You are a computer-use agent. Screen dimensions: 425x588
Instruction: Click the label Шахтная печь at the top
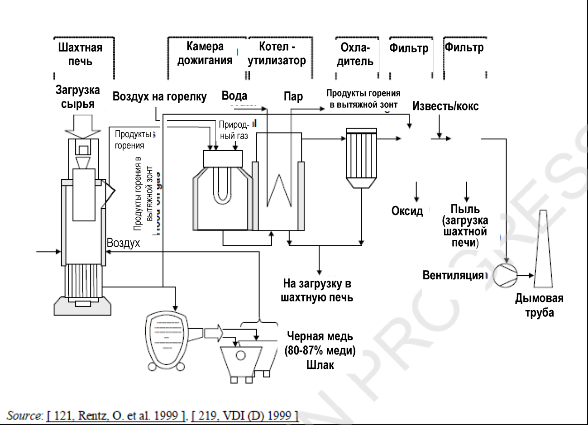click(80, 54)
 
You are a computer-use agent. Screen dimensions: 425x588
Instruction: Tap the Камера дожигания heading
click(205, 53)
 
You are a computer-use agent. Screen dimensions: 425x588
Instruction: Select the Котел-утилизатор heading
click(277, 53)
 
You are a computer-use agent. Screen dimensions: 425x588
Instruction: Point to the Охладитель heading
click(355, 54)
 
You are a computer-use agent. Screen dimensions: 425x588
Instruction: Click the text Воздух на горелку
click(159, 96)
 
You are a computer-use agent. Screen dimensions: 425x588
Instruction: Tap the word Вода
click(234, 96)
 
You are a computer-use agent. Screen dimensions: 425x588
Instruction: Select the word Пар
click(293, 96)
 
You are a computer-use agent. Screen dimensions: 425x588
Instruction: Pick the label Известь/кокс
click(445, 106)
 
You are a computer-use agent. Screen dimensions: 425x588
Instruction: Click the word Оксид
click(407, 211)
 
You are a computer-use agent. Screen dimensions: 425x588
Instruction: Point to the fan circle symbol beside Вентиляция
click(505, 275)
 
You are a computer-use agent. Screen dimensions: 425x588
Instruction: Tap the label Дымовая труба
click(539, 305)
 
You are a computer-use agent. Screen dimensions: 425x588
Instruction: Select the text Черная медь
click(320, 337)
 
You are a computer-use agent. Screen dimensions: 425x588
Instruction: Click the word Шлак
click(320, 365)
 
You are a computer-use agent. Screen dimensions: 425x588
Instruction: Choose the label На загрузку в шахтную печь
click(317, 291)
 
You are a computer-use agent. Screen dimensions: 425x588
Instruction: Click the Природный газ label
click(233, 130)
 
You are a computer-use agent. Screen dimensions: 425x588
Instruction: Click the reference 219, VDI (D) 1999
click(244, 415)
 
